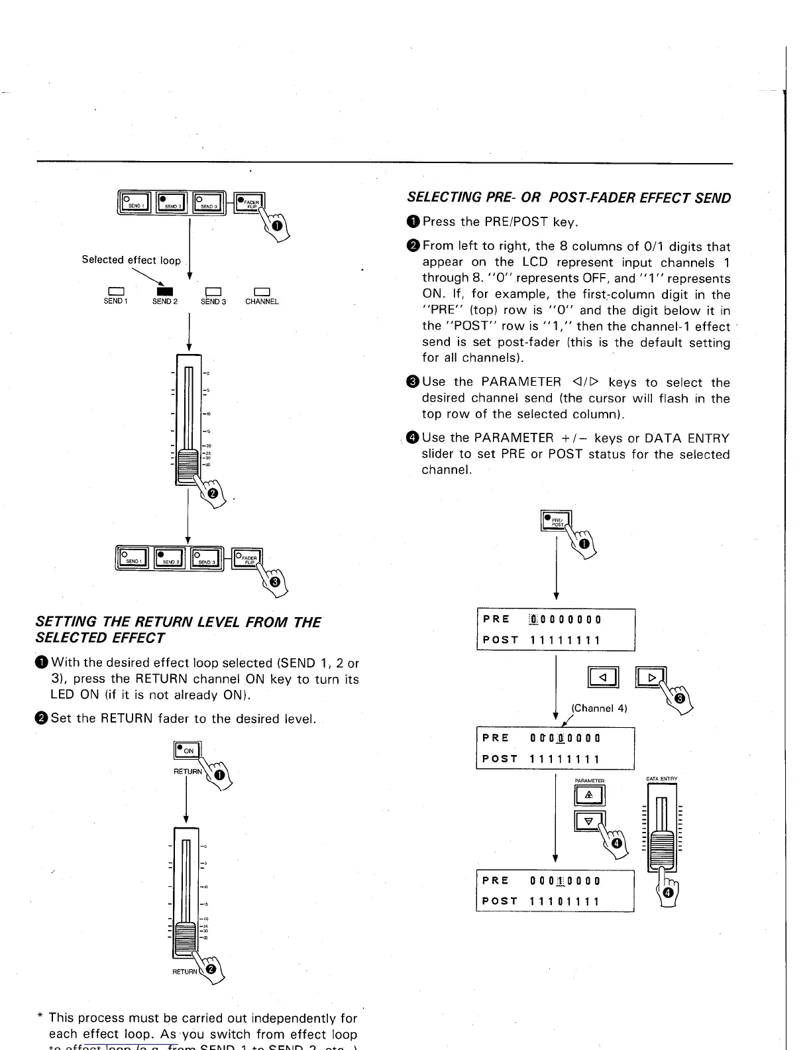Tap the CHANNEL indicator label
point(262,302)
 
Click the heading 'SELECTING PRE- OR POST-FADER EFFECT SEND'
point(568,198)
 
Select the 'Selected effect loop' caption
point(131,260)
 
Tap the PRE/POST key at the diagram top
point(555,522)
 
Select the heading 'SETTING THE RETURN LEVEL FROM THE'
point(178,622)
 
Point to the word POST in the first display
point(500,640)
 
